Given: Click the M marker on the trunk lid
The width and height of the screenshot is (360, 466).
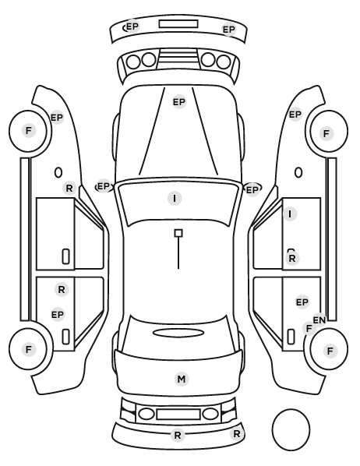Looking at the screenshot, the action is pos(182,380).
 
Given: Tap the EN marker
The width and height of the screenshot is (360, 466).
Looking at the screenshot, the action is pos(319,320).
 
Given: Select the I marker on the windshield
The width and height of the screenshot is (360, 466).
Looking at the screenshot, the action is pos(175,198).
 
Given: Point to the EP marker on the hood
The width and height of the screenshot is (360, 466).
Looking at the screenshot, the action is pos(179,102).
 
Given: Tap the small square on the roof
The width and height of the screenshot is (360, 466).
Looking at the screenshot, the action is pos(178,233).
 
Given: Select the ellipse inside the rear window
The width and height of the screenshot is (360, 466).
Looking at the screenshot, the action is pos(178,333).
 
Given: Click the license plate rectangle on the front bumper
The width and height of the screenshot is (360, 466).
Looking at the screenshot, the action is pos(178,24).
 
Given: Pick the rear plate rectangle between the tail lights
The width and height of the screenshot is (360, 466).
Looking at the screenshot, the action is pos(178,414).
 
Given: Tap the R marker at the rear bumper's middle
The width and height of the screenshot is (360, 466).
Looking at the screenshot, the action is pos(178,436).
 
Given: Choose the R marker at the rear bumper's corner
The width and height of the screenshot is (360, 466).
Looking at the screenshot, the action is pos(237,434).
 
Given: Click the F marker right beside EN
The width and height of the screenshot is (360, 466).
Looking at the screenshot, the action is pos(309,329).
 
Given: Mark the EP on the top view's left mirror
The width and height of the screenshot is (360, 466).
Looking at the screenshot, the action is pos(104,187).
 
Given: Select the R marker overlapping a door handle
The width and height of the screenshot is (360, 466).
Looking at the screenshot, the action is pos(292,259).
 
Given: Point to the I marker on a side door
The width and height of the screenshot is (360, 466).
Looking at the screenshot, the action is pos(290,214).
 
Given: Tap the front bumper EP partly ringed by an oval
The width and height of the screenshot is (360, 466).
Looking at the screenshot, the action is pos(132,26).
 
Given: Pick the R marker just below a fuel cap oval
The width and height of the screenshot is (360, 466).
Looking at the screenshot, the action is pos(69,188).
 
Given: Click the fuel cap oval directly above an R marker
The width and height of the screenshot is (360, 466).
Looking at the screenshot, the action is pos(58,172).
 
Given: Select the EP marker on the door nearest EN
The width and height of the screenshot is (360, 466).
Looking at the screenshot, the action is pos(302,302).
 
